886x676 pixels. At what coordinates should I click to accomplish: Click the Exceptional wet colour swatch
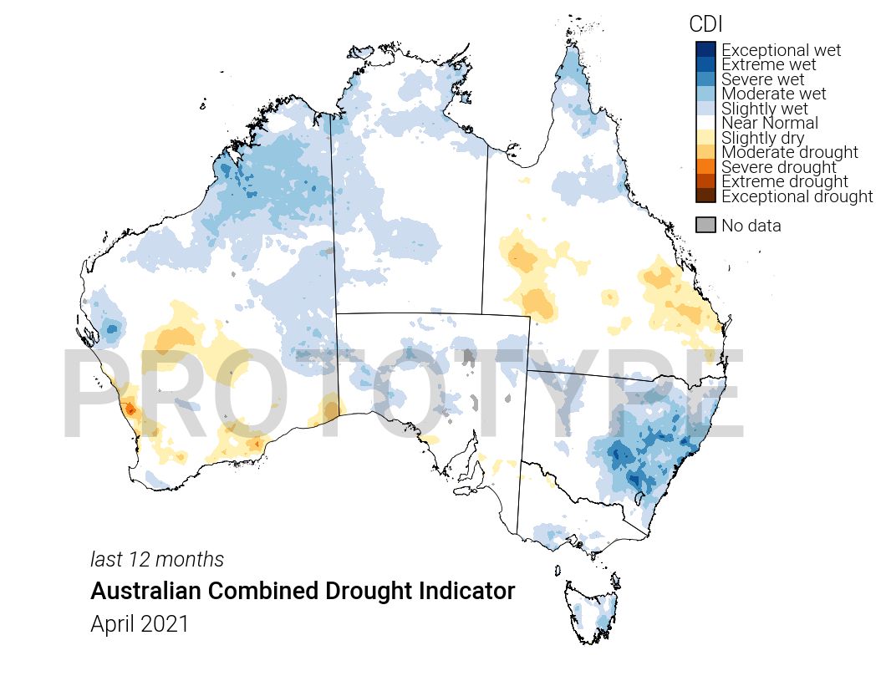point(705,49)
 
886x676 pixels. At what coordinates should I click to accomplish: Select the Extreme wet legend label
point(768,65)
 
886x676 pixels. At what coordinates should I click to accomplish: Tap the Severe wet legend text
point(762,79)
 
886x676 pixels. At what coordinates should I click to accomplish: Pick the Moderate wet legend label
point(773,94)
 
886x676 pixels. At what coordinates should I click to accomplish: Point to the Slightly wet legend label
point(764,109)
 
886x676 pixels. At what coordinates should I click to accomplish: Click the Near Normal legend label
point(769,124)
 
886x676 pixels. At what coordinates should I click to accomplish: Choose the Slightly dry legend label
point(762,138)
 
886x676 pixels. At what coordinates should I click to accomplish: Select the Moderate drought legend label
point(789,152)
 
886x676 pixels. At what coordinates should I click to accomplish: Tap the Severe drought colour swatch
point(705,166)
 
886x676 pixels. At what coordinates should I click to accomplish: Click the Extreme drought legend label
point(784,182)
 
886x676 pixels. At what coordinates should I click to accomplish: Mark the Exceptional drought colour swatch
point(705,196)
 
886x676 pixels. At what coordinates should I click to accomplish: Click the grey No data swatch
point(705,225)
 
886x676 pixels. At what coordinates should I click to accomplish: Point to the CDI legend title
point(705,24)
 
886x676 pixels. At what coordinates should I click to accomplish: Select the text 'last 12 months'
point(156,559)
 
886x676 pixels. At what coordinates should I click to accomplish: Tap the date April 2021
point(140,624)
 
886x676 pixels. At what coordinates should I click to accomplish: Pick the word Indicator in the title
point(473,592)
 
